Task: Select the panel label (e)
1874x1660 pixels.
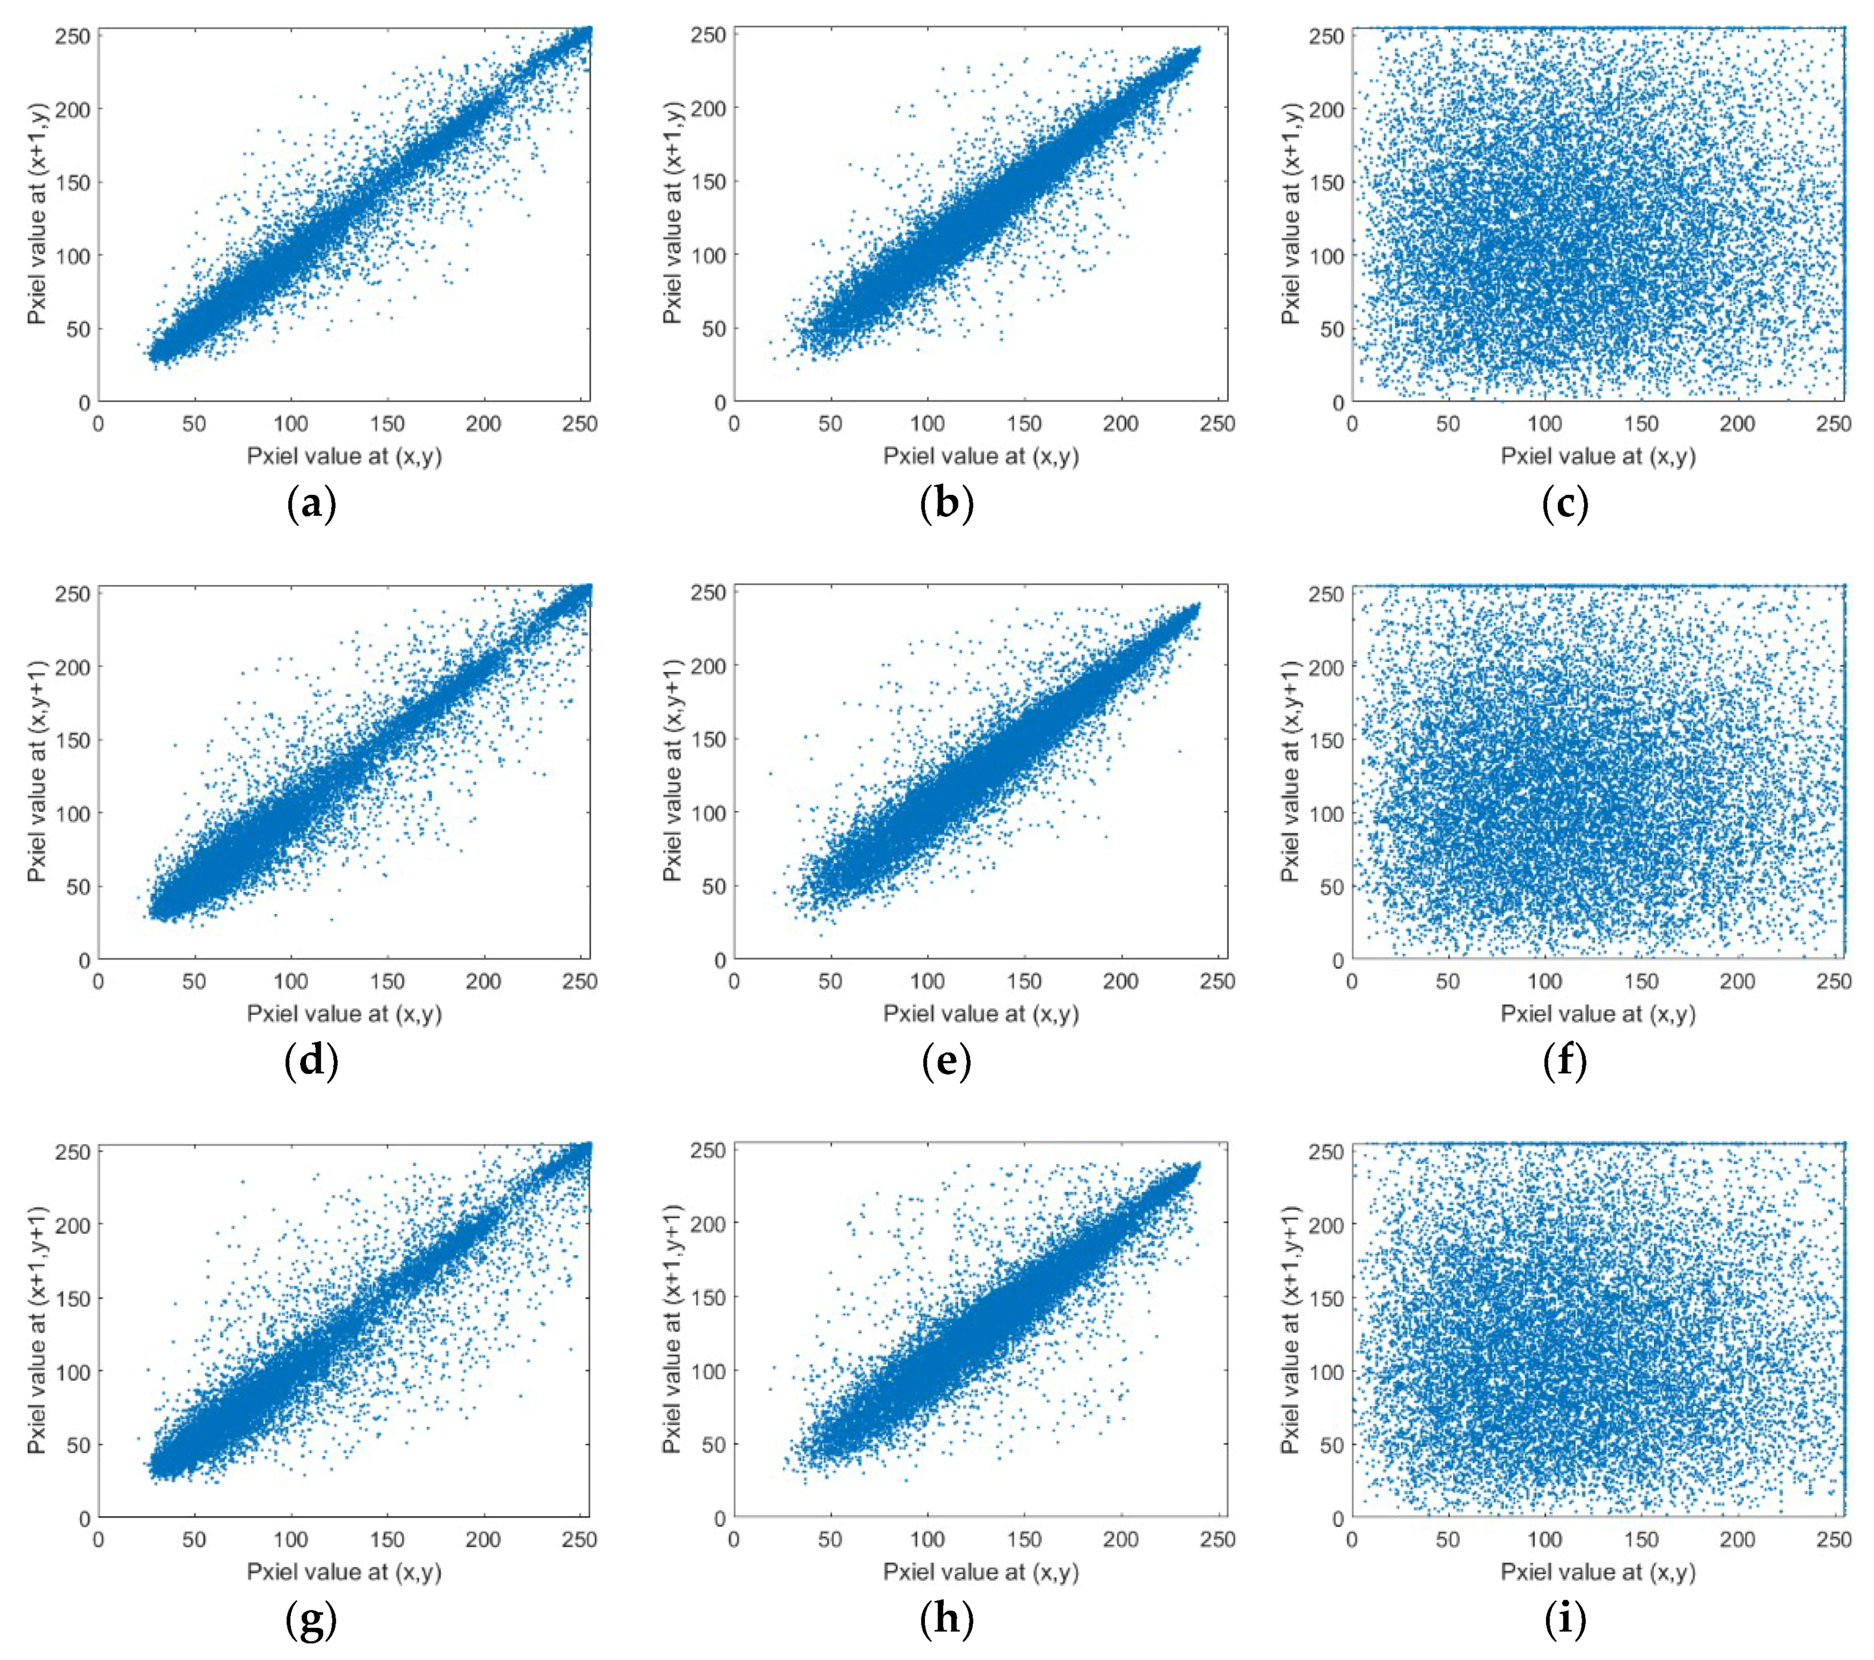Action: [x=946, y=1061]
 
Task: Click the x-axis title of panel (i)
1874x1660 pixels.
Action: [x=1598, y=1571]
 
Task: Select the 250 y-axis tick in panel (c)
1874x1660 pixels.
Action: [x=1326, y=36]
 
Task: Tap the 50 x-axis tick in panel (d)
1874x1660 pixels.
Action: [x=194, y=981]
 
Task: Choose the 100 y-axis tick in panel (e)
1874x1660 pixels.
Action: [x=709, y=813]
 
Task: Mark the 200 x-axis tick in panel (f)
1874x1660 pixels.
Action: [x=1736, y=981]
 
